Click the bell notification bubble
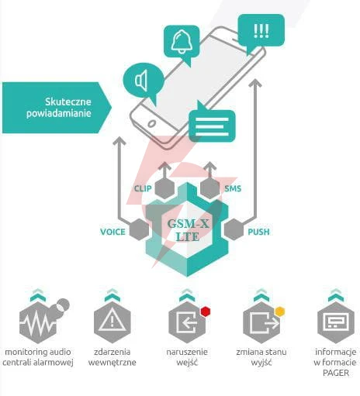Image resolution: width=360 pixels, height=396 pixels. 182,43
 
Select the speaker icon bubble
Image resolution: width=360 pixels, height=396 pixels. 144,81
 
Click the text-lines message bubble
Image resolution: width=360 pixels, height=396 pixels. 212,125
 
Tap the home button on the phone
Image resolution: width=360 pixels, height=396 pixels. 151,124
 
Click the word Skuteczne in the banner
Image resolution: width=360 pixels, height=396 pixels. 68,102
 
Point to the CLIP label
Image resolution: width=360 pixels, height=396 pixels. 143,188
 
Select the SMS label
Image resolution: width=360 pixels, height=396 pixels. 233,188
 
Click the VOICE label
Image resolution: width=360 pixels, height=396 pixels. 112,232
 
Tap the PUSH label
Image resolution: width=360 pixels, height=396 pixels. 258,232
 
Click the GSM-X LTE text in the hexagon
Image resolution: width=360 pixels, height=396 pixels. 188,230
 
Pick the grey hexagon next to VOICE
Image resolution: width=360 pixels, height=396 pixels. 139,229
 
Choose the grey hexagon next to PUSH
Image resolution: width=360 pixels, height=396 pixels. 234,229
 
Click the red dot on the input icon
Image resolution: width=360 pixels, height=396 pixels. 206,312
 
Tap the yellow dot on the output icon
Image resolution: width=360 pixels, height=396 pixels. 280,312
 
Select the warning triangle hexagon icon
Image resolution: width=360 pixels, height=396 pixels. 112,322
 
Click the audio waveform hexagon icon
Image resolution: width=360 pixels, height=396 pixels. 38,322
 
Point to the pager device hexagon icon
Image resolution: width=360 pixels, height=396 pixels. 336,322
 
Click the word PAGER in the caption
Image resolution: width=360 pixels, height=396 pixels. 336,373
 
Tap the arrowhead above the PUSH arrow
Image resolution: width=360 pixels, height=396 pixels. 255,83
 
